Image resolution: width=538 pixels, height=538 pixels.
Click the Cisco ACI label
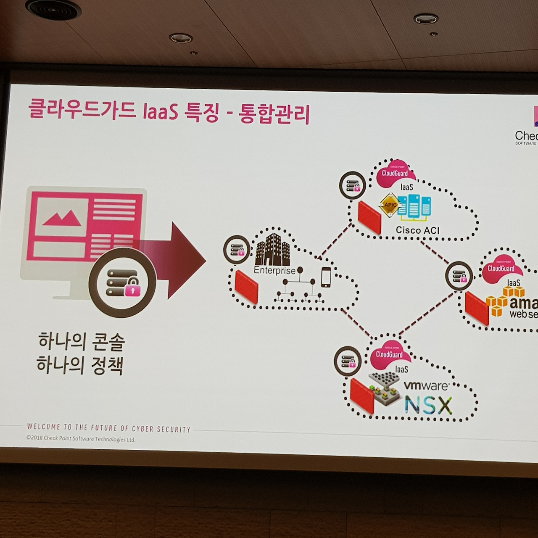tap(417, 230)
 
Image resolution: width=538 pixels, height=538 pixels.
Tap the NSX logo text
tap(428, 405)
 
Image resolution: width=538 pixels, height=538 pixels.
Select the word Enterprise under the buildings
tap(274, 270)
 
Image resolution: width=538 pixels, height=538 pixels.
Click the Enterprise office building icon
tap(272, 250)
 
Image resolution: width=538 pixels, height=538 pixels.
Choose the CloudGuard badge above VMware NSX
tap(389, 354)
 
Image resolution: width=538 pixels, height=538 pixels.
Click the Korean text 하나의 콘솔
tap(81, 341)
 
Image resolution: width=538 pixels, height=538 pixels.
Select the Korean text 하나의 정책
tap(80, 365)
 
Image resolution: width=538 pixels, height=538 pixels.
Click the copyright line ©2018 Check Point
tap(81, 439)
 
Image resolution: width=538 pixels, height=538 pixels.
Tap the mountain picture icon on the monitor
tap(62, 217)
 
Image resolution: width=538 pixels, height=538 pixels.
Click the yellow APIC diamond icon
tap(389, 205)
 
